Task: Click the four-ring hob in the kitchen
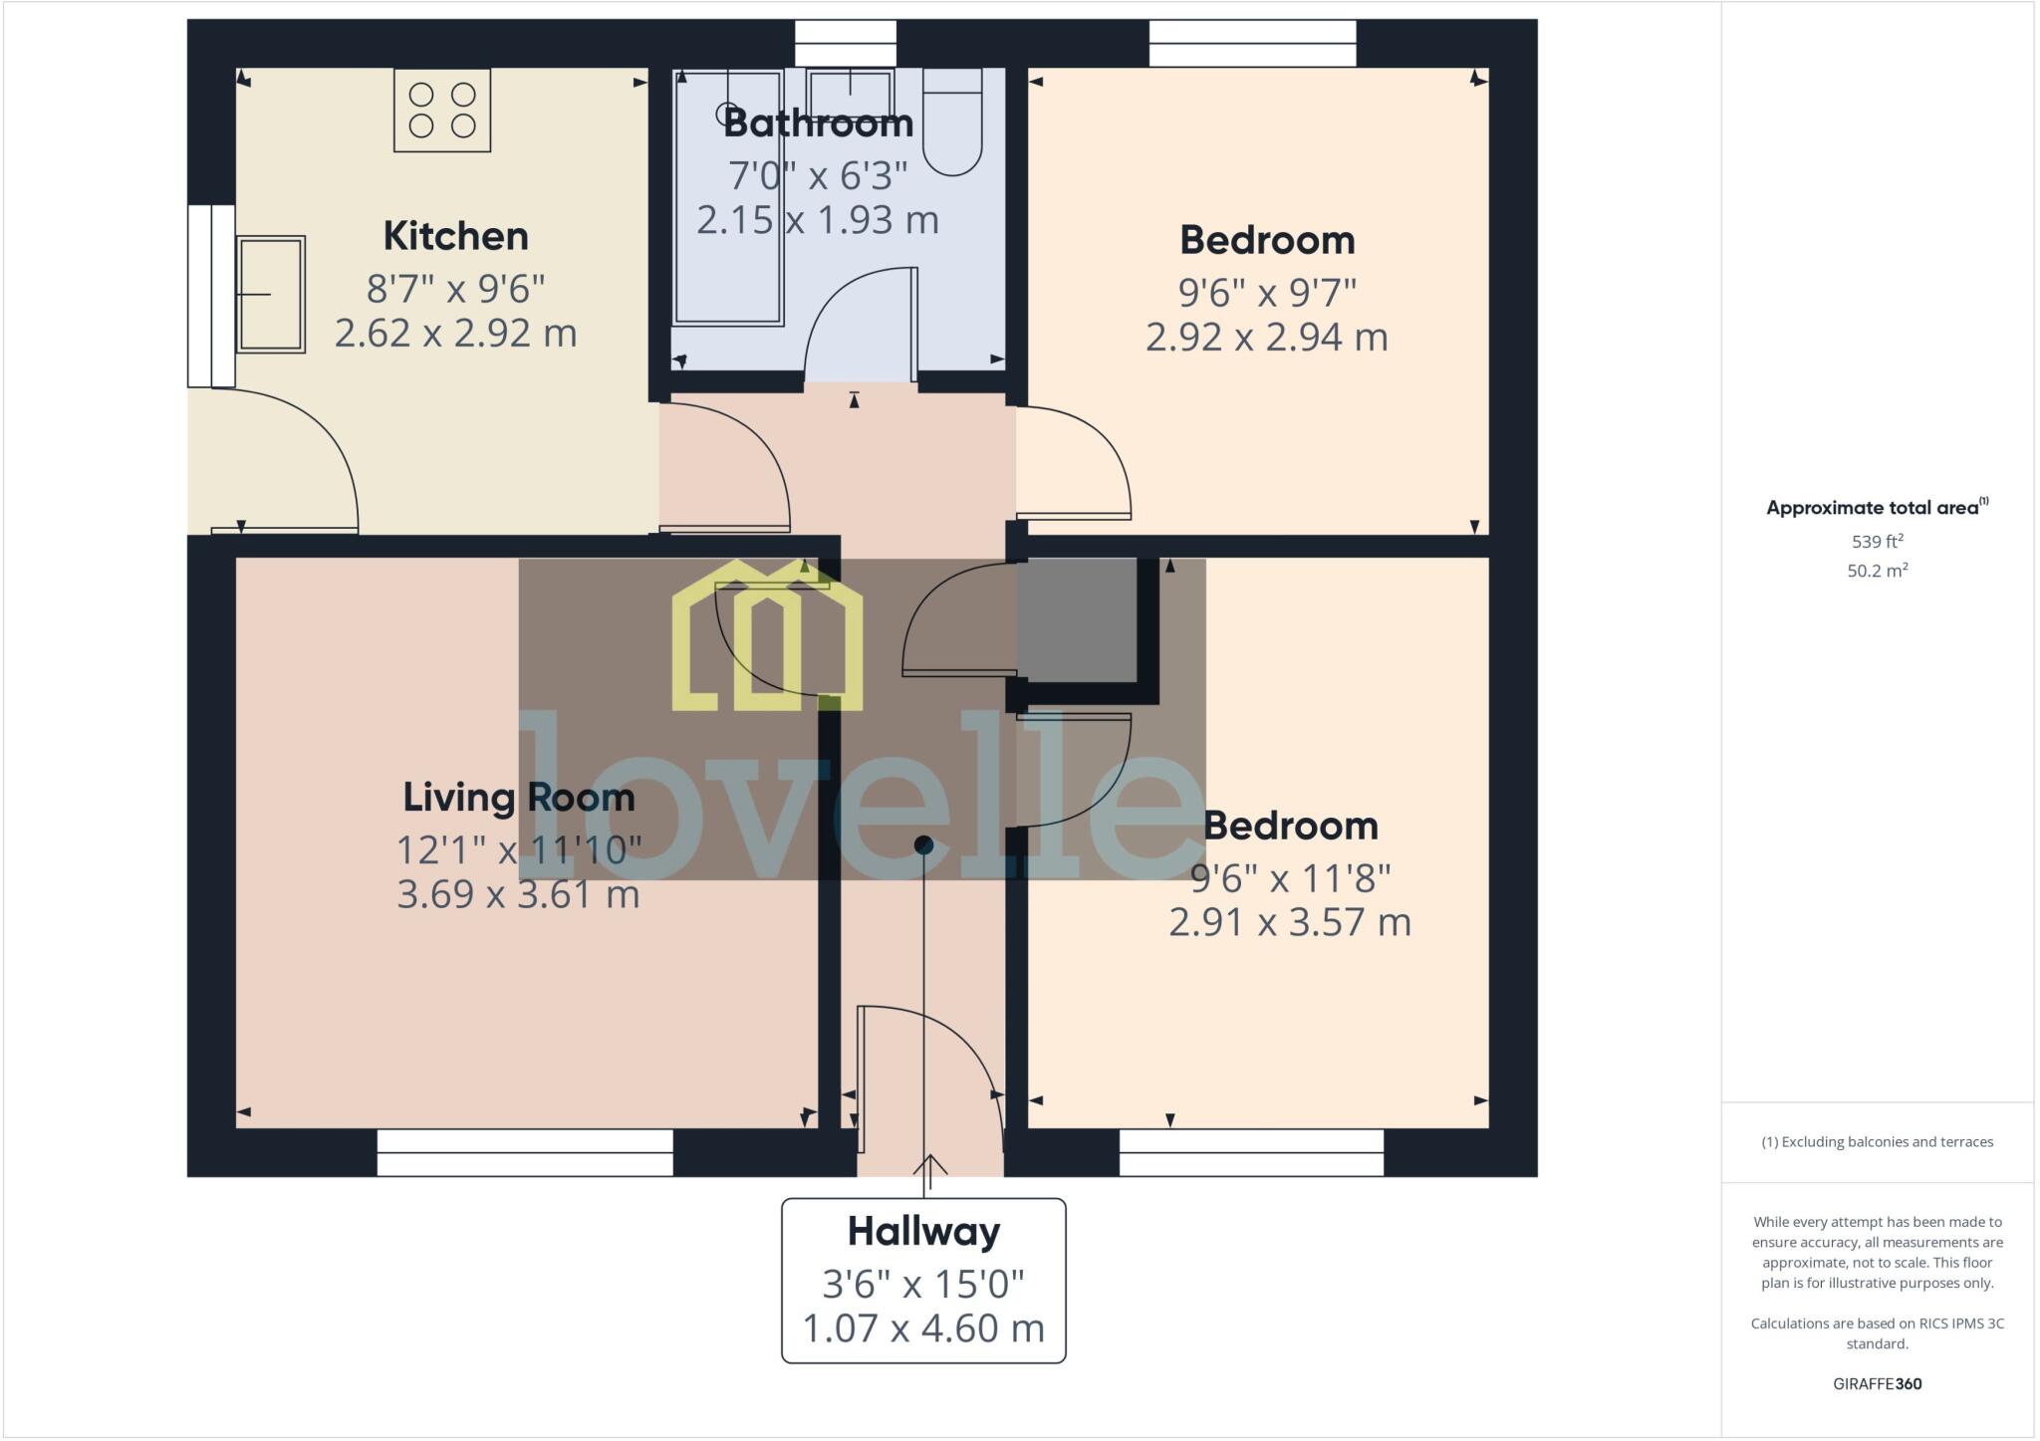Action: [x=442, y=110]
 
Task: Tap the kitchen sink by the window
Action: [x=270, y=295]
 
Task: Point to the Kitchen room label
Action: [x=455, y=236]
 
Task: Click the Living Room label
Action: [x=518, y=797]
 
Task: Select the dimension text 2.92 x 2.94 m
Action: [x=1266, y=337]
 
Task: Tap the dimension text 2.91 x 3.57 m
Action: [x=1289, y=922]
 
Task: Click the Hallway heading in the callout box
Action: [x=923, y=1231]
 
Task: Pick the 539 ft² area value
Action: [x=1877, y=542]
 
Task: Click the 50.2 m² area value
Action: [x=1877, y=571]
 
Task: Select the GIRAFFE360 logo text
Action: [x=1877, y=1383]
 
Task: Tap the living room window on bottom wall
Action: [x=525, y=1152]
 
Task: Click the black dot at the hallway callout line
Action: [x=923, y=844]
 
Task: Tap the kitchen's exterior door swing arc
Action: [x=289, y=458]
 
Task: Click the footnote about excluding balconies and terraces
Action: [x=1877, y=1142]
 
